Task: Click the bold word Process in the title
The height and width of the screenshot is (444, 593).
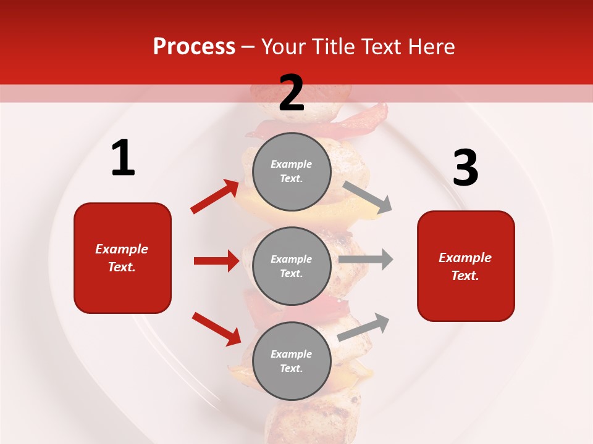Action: [x=194, y=47]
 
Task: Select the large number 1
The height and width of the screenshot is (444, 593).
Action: [x=123, y=158]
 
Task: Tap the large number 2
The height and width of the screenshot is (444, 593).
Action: [x=292, y=93]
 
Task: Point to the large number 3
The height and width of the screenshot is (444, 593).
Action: [x=465, y=168]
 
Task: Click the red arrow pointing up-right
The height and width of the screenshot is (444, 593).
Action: [x=214, y=197]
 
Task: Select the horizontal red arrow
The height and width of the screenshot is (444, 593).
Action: [x=216, y=261]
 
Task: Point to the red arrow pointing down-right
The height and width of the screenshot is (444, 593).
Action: [x=216, y=329]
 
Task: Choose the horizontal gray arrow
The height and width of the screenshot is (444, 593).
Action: [x=366, y=259]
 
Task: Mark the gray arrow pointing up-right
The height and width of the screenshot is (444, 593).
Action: [x=363, y=327]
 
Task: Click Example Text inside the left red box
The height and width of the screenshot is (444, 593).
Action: [x=122, y=258]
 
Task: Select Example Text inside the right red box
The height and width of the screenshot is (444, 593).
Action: [x=465, y=266]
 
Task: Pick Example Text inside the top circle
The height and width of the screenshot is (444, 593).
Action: [x=292, y=171]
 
